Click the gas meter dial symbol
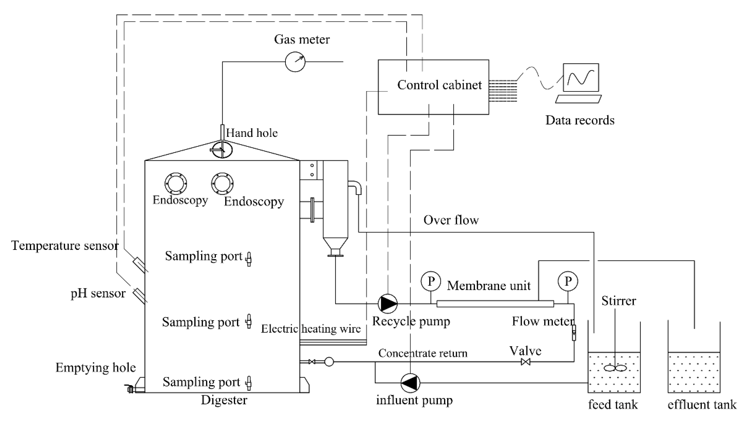tap(295, 62)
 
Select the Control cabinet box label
tap(439, 85)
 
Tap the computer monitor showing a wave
tap(581, 77)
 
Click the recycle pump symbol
tap(388, 304)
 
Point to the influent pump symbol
tap(410, 383)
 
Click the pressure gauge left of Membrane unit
tap(431, 281)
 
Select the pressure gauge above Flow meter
tap(568, 281)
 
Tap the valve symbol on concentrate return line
tap(525, 362)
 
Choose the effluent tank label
tap(702, 404)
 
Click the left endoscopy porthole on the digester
tap(176, 183)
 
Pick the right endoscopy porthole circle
tap(222, 183)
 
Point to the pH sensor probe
tap(139, 295)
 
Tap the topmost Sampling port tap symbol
tap(249, 259)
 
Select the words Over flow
tap(451, 220)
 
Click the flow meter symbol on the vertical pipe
tap(574, 333)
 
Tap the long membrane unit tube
tap(495, 304)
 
